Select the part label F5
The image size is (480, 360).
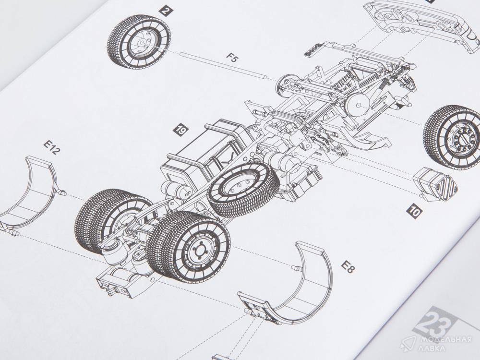coord(232,58)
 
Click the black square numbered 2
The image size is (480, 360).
coord(166,12)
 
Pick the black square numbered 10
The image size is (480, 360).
coord(415,212)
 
